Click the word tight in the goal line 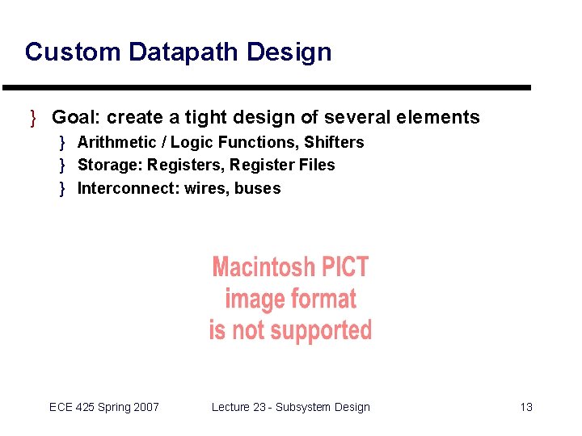coord(206,118)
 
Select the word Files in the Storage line coord(317,166)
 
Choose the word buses coord(258,189)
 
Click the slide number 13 coord(526,407)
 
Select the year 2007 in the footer coord(145,407)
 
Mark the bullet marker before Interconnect coord(62,189)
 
